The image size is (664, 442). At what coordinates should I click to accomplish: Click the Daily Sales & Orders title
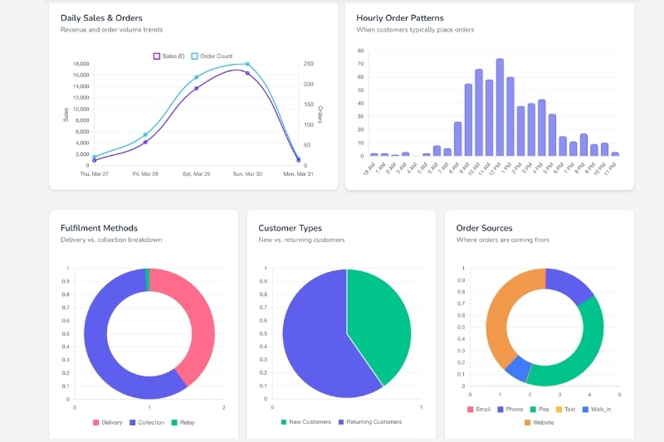pyautogui.click(x=101, y=17)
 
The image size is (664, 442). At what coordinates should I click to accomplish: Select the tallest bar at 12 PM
pyautogui.click(x=500, y=108)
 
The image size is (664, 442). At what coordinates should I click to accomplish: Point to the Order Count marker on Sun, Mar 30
pyautogui.click(x=247, y=64)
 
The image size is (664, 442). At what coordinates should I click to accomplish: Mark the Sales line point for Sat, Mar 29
pyautogui.click(x=197, y=88)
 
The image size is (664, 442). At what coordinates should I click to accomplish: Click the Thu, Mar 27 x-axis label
pyautogui.click(x=95, y=174)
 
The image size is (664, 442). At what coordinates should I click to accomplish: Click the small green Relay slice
pyautogui.click(x=148, y=279)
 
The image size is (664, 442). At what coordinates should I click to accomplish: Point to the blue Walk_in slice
pyautogui.click(x=518, y=368)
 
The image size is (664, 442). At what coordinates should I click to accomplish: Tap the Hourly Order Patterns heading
pyautogui.click(x=399, y=17)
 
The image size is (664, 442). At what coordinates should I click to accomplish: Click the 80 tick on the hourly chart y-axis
pyautogui.click(x=361, y=51)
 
